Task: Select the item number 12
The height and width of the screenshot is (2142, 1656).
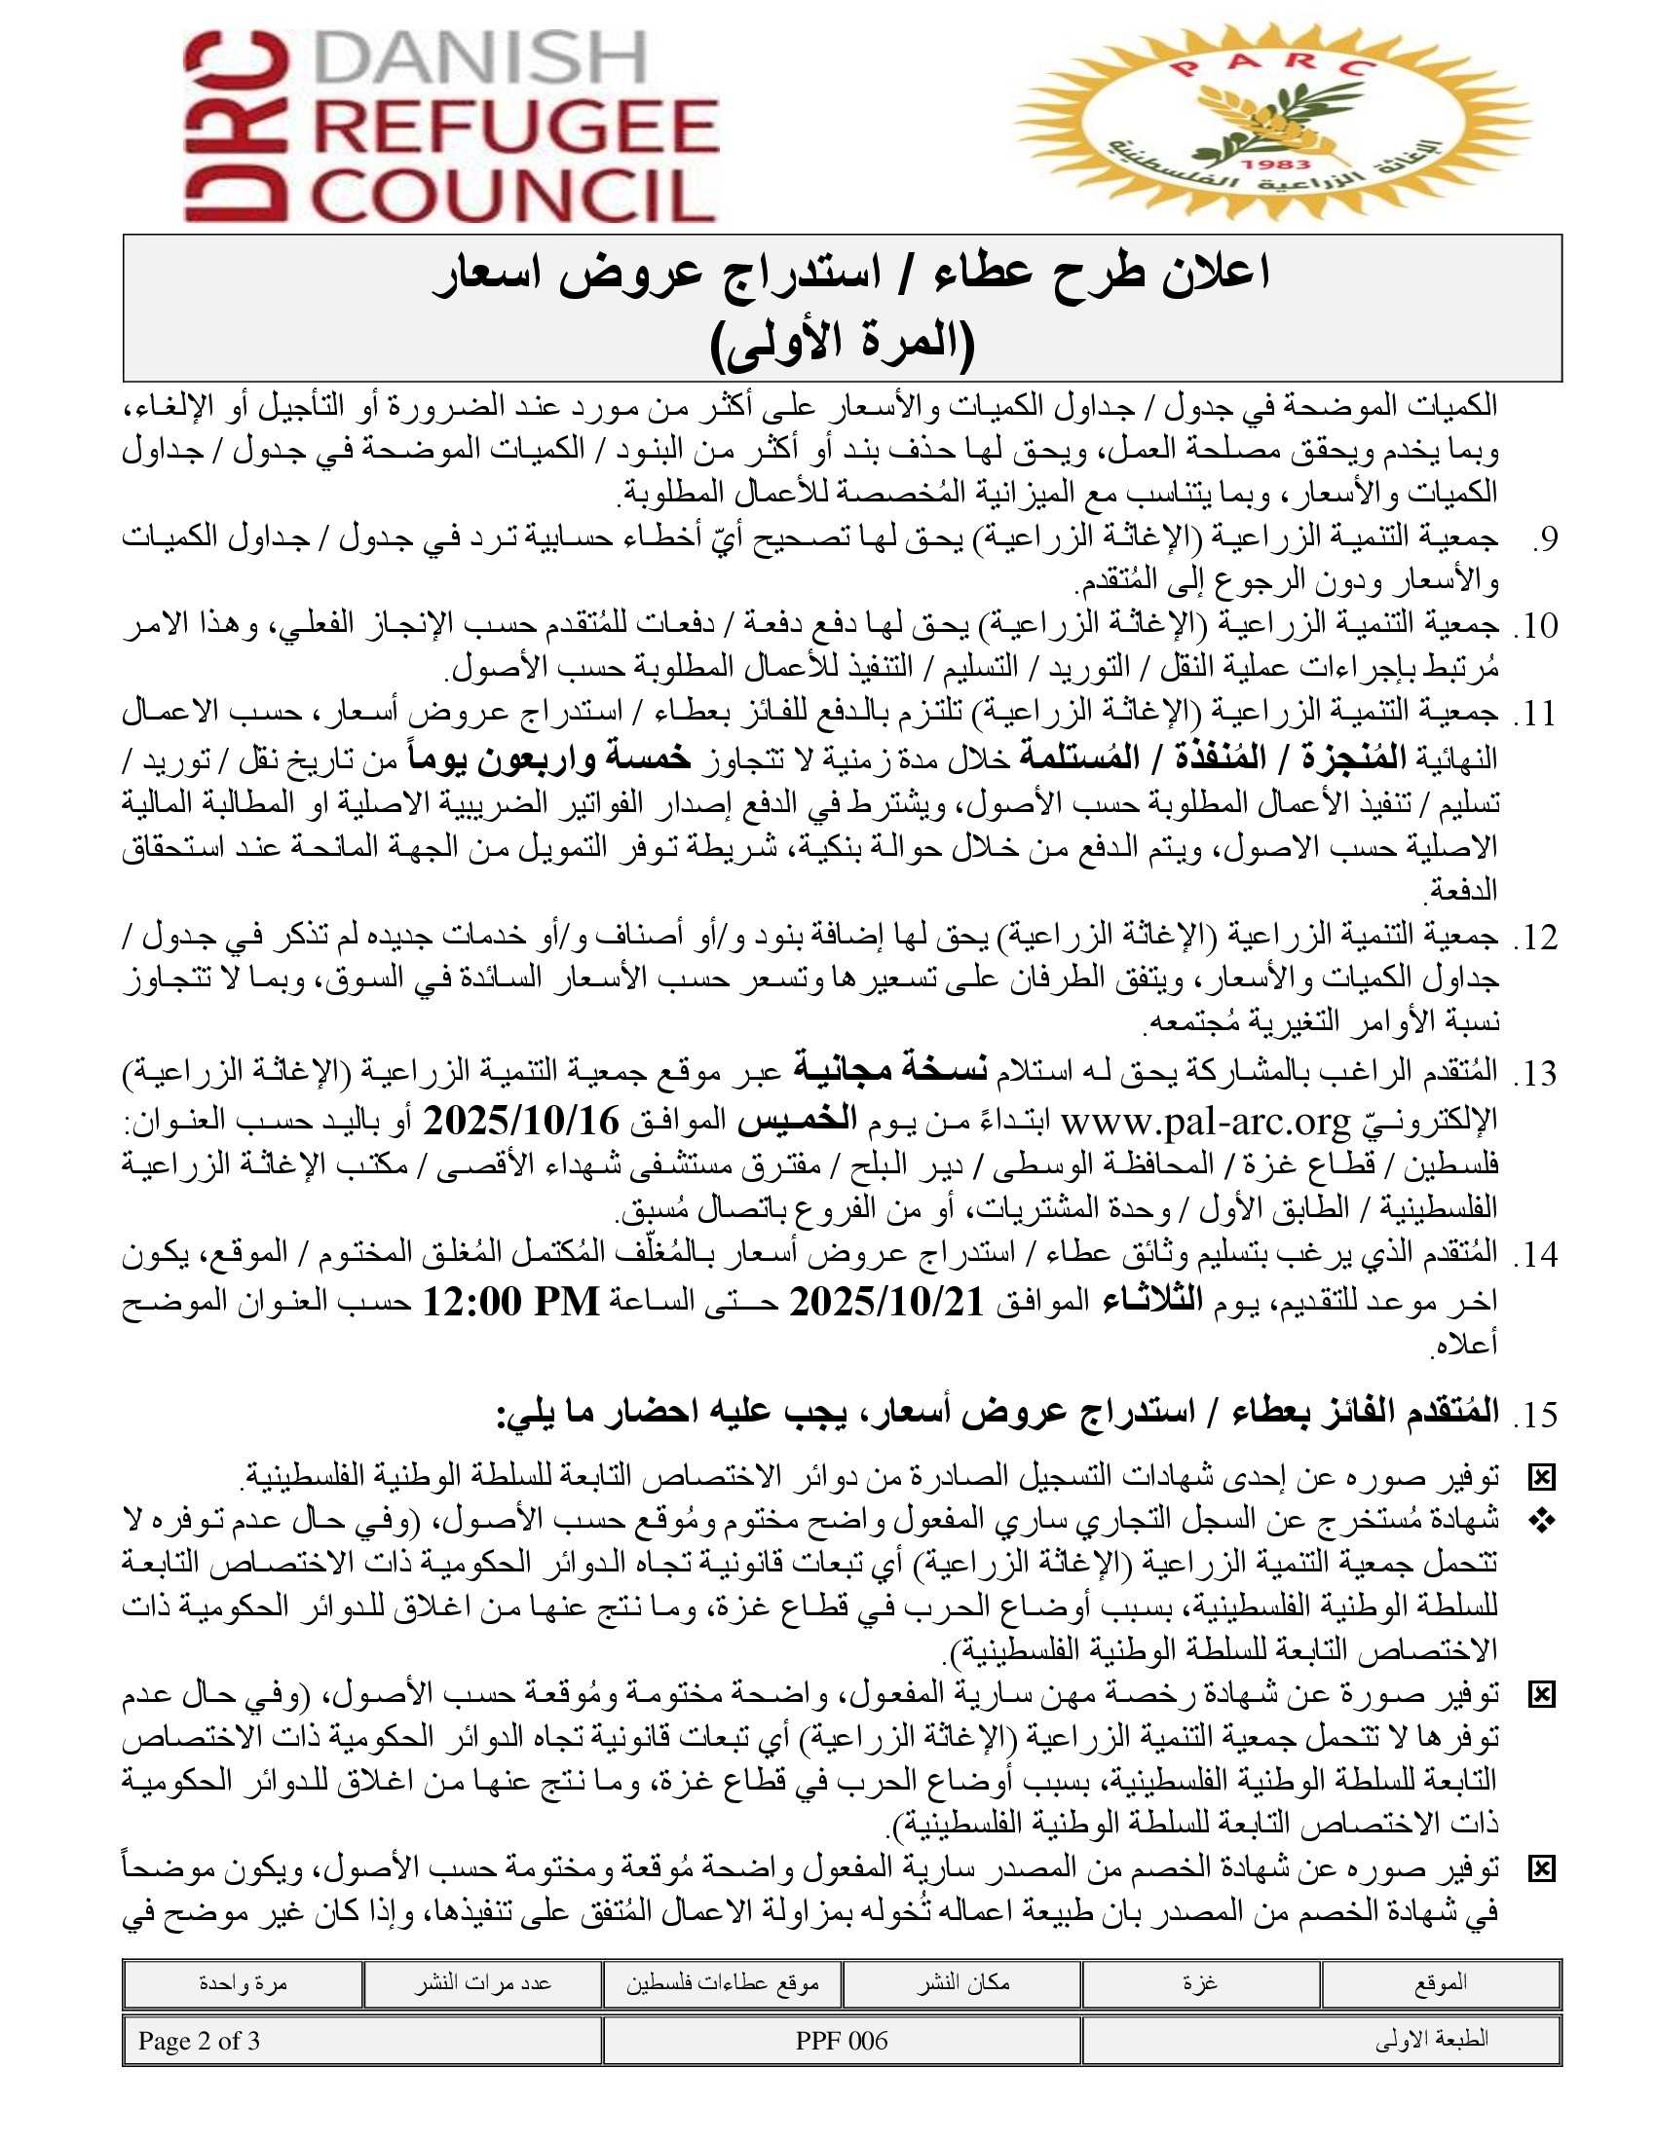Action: click(1535, 939)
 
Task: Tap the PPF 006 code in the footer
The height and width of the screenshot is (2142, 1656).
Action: click(842, 2041)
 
